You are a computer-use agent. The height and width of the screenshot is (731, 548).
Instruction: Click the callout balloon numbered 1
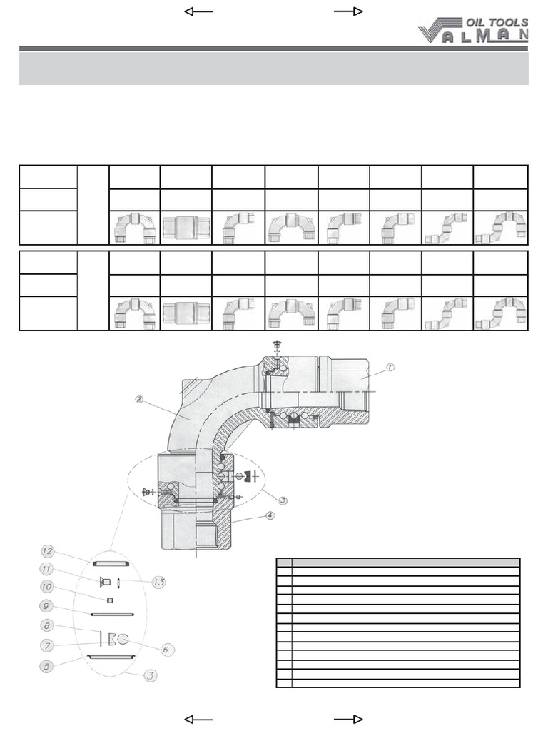[390, 367]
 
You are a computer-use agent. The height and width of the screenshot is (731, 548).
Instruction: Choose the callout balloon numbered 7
[46, 645]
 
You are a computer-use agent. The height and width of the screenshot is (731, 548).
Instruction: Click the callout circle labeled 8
[46, 625]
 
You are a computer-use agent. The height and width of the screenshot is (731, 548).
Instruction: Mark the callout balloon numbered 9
[46, 605]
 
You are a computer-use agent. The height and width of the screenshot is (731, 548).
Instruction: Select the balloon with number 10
[46, 585]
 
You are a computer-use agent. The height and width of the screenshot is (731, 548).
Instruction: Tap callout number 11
[46, 569]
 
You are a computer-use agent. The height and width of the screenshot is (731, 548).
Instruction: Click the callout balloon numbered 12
[46, 550]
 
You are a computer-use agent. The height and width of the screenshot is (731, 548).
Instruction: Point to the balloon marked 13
[158, 582]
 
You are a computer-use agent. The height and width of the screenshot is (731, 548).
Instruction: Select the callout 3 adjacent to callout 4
[283, 500]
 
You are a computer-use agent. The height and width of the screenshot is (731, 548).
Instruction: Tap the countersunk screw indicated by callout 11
[105, 580]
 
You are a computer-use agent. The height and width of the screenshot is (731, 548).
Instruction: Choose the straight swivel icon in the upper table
[186, 228]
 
